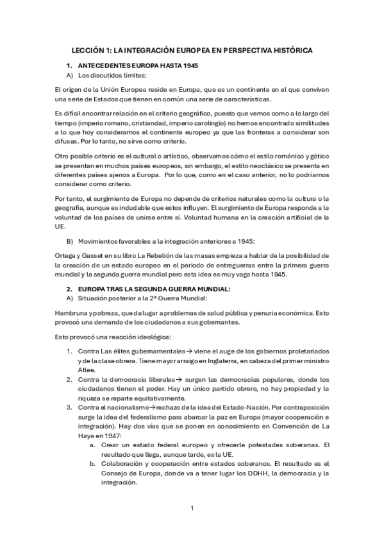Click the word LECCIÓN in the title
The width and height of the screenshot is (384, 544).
tap(86, 49)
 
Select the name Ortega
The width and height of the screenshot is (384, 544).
tap(67, 255)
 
